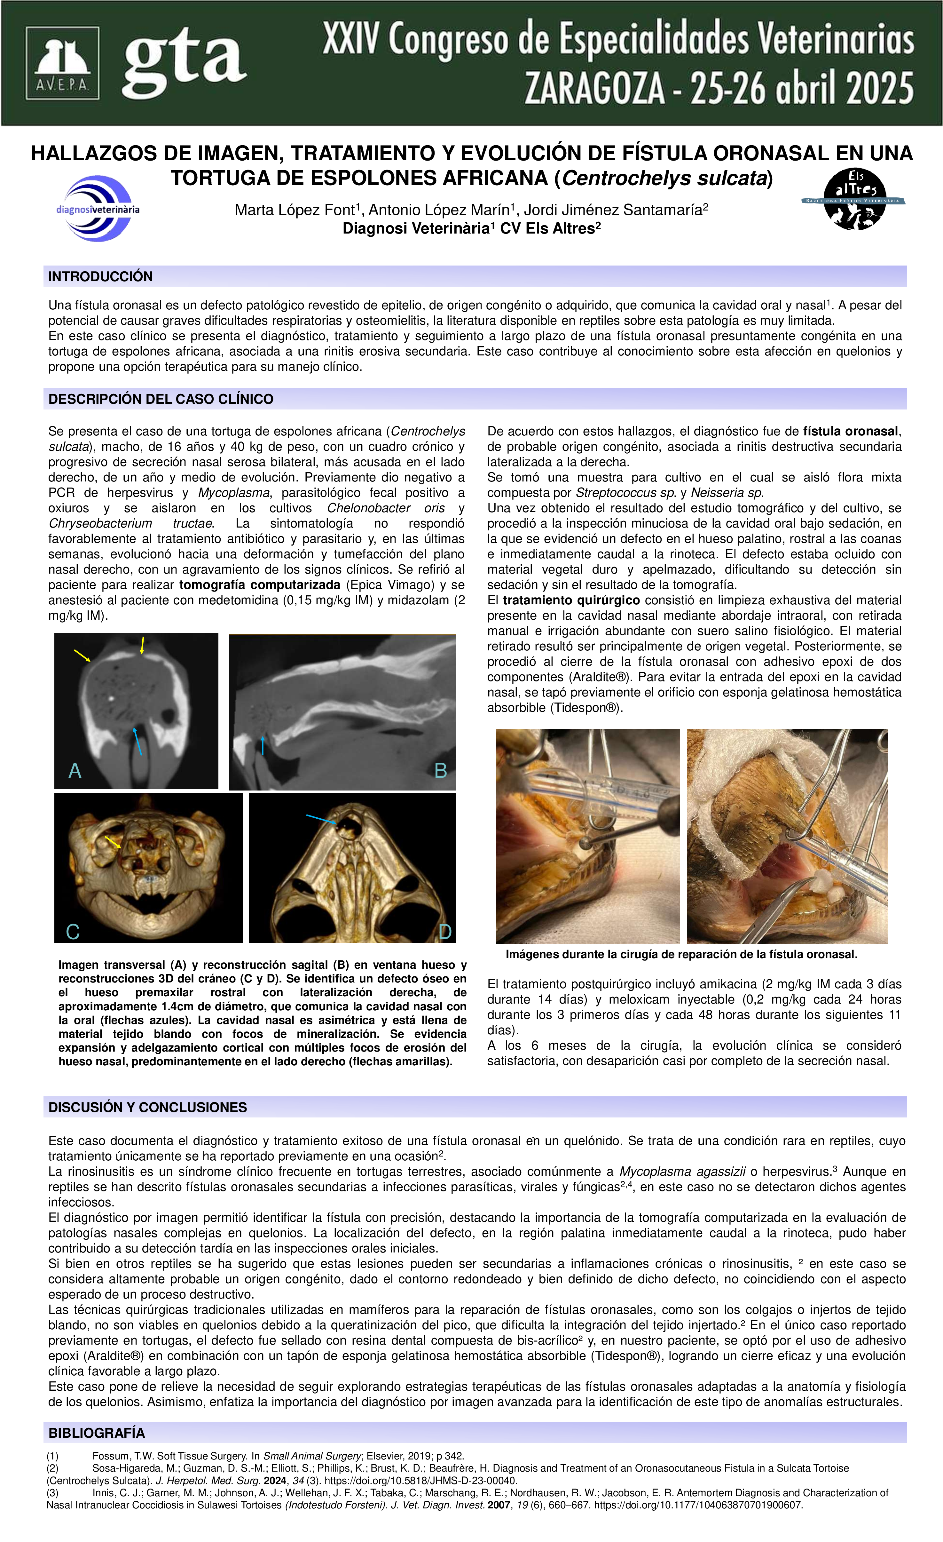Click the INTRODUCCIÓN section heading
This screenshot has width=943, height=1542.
(101, 277)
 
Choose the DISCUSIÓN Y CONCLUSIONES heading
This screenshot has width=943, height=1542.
(148, 1107)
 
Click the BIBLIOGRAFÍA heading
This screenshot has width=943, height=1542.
(96, 1433)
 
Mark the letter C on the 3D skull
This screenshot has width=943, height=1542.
(73, 931)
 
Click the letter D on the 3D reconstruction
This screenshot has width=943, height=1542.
(444, 931)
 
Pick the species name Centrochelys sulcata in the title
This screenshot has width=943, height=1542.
(664, 179)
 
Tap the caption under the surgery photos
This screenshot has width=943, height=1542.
(681, 954)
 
